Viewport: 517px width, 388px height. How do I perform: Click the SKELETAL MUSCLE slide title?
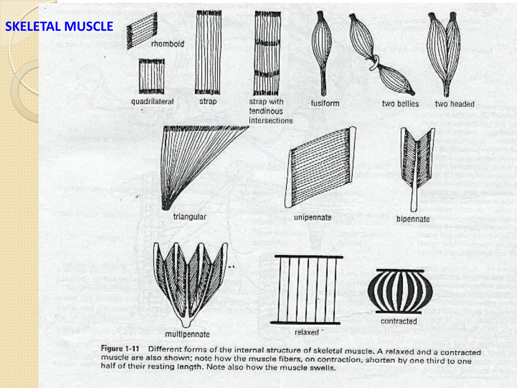coord(59,27)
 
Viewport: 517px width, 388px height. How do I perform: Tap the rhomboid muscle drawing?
coord(142,30)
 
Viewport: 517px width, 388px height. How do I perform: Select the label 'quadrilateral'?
coord(152,102)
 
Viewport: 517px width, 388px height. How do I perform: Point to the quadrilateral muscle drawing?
coord(152,76)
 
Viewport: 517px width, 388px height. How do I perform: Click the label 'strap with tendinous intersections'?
coord(270,111)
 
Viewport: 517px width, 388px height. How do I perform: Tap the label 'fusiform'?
coord(325,103)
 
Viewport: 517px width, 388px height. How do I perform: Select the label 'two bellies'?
coord(400,104)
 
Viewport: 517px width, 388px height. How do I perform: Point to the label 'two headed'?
coord(455,104)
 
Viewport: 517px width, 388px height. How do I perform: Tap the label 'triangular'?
coord(190,217)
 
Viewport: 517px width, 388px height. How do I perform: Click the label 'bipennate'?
coord(413,219)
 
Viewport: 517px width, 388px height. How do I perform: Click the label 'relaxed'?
coord(307,332)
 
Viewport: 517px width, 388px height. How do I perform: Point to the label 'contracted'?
coord(399,321)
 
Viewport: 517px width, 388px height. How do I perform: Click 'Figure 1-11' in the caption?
coord(120,349)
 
